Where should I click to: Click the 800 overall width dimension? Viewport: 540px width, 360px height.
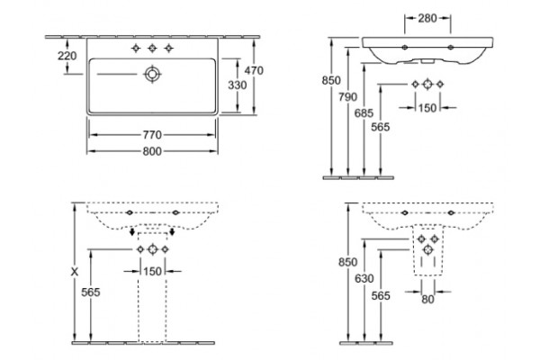point(152,151)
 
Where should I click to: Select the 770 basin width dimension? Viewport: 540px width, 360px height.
point(152,135)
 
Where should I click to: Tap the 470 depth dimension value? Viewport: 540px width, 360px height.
point(254,70)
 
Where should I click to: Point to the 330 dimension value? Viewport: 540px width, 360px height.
point(238,85)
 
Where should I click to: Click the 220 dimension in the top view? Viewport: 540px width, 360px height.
point(67,56)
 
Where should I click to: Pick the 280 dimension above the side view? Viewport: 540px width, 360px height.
point(427,18)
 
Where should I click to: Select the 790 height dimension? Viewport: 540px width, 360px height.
point(347,97)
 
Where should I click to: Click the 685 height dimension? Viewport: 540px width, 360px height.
point(364,113)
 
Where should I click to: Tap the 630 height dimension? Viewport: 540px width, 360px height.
point(364,278)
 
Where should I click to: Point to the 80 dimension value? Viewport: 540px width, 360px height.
point(427,300)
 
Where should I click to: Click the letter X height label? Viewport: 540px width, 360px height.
point(75,272)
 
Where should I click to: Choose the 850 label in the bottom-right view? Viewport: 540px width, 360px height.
point(347,262)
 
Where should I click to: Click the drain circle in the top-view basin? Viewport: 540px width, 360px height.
point(152,74)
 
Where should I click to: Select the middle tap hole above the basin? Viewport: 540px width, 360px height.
point(152,49)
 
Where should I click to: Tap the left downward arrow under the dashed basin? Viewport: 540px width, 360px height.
point(132,231)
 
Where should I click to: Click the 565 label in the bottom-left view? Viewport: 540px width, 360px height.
point(91,292)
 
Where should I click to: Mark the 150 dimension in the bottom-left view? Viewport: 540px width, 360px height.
point(152,272)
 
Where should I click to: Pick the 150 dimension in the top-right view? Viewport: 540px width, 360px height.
point(427,108)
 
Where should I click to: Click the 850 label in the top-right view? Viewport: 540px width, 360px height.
point(331,80)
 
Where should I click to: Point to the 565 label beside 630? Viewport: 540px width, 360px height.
point(381,295)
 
